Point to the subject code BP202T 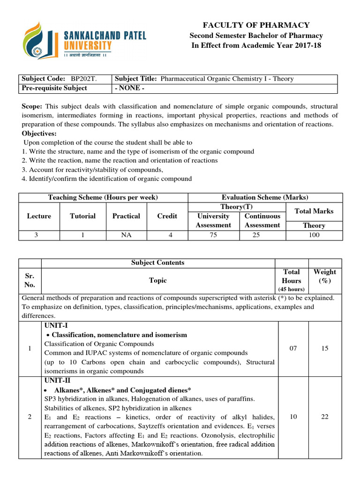(84, 79)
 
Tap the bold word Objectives (39, 134)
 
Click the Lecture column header (39, 216)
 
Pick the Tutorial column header (82, 216)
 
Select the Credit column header (167, 216)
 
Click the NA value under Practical (126, 235)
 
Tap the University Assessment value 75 (213, 235)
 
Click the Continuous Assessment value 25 (256, 235)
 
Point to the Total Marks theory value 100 (314, 235)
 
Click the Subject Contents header (158, 262)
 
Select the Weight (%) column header (325, 276)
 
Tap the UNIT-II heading (56, 381)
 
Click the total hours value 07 (293, 348)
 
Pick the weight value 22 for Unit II (325, 417)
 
